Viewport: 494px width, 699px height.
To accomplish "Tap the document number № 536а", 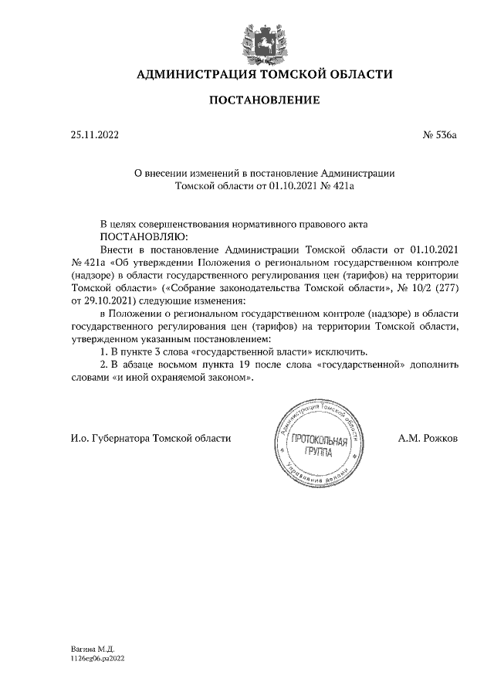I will [440, 136].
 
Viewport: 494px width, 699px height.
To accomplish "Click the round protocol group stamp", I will [314, 447].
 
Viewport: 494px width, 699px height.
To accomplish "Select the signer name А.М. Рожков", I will [428, 438].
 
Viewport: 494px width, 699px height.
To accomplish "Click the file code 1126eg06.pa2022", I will [96, 660].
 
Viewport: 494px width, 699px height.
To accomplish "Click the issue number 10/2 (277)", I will [426, 287].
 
